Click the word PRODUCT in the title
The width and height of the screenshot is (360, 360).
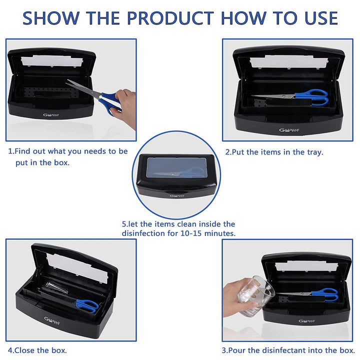pyautogui.click(x=169, y=17)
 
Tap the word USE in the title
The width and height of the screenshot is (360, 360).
pyautogui.click(x=313, y=17)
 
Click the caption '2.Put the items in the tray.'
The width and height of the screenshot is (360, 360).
pyautogui.click(x=274, y=152)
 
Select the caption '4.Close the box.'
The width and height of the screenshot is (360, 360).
pyautogui.click(x=37, y=350)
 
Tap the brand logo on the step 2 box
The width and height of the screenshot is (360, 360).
pyautogui.click(x=288, y=131)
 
